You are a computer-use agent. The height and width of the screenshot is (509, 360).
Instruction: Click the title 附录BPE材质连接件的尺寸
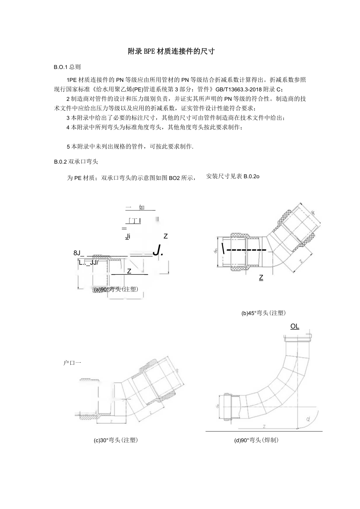172,51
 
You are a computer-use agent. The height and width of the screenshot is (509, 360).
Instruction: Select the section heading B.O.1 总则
67,67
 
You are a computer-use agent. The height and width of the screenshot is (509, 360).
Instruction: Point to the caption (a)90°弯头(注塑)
116,290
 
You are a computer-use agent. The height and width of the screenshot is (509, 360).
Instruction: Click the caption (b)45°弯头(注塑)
263,313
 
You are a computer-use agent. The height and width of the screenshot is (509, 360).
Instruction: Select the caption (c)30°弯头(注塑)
116,440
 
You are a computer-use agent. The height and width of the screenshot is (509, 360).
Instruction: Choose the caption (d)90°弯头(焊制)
256,440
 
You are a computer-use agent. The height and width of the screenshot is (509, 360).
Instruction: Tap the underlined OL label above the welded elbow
295,326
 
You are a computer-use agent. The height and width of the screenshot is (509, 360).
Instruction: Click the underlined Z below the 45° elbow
261,278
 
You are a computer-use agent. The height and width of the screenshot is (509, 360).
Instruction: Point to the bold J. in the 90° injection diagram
158,250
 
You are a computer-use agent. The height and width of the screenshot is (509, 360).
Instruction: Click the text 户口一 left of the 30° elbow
72,363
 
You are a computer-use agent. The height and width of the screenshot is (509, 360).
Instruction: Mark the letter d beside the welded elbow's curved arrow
308,419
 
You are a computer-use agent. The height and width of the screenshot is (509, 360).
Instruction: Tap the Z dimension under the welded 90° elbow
265,426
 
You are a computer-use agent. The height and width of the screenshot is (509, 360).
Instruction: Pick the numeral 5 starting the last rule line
68,146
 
